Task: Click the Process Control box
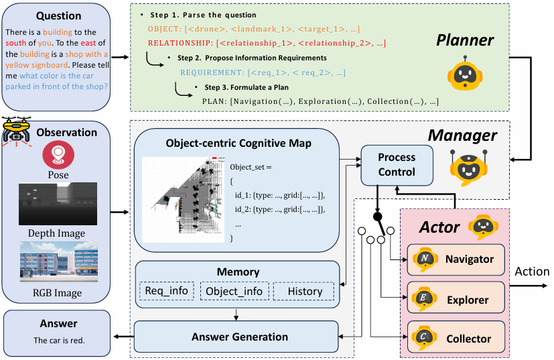[397, 164]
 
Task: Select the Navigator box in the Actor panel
[455, 259]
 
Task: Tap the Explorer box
[455, 299]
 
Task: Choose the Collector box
[455, 339]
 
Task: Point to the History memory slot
[305, 291]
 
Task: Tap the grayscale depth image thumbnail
[58, 204]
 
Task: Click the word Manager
[462, 136]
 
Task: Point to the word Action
[532, 272]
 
